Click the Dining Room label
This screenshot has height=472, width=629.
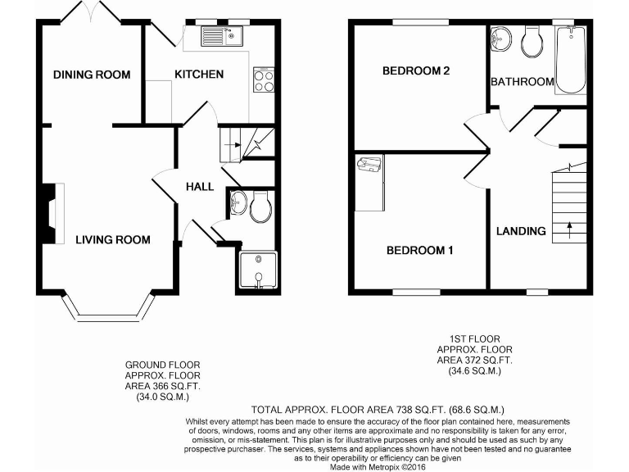[x=92, y=75]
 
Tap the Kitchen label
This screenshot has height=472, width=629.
[x=198, y=75]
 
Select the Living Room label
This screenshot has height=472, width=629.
[x=113, y=240]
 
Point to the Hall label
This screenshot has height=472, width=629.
[x=200, y=187]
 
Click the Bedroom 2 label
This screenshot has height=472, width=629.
[x=416, y=71]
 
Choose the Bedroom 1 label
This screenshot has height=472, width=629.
[x=419, y=251]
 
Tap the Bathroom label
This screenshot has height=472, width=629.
[x=522, y=82]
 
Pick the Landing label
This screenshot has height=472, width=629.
[x=521, y=231]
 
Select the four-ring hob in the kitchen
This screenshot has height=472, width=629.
[x=265, y=80]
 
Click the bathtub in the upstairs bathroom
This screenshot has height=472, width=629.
[x=570, y=60]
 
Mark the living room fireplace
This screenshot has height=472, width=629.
[x=52, y=213]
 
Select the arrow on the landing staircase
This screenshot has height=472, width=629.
[x=570, y=229]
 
